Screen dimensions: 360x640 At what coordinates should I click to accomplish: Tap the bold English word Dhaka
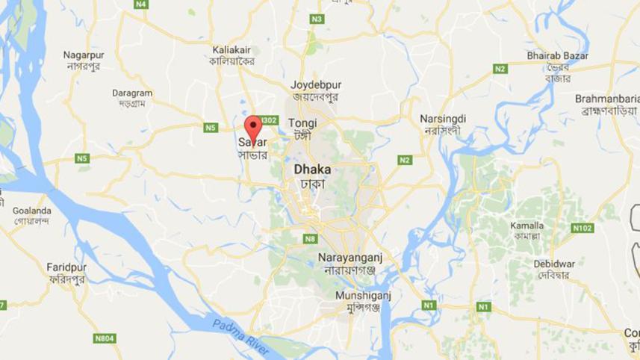[x=312, y=169]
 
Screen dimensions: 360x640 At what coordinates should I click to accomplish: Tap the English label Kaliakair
[x=232, y=48]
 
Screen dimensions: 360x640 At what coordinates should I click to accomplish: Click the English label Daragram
[x=132, y=93]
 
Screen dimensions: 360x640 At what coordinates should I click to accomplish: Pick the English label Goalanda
[x=31, y=211]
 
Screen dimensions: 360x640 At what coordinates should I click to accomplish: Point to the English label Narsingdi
[x=442, y=119]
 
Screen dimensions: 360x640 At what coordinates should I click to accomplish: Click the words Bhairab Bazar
[x=557, y=56]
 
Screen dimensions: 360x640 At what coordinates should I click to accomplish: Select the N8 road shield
[x=310, y=239]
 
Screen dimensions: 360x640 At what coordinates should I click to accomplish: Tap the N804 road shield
[x=104, y=338]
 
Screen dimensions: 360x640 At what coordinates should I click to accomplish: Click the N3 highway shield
[x=318, y=18]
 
